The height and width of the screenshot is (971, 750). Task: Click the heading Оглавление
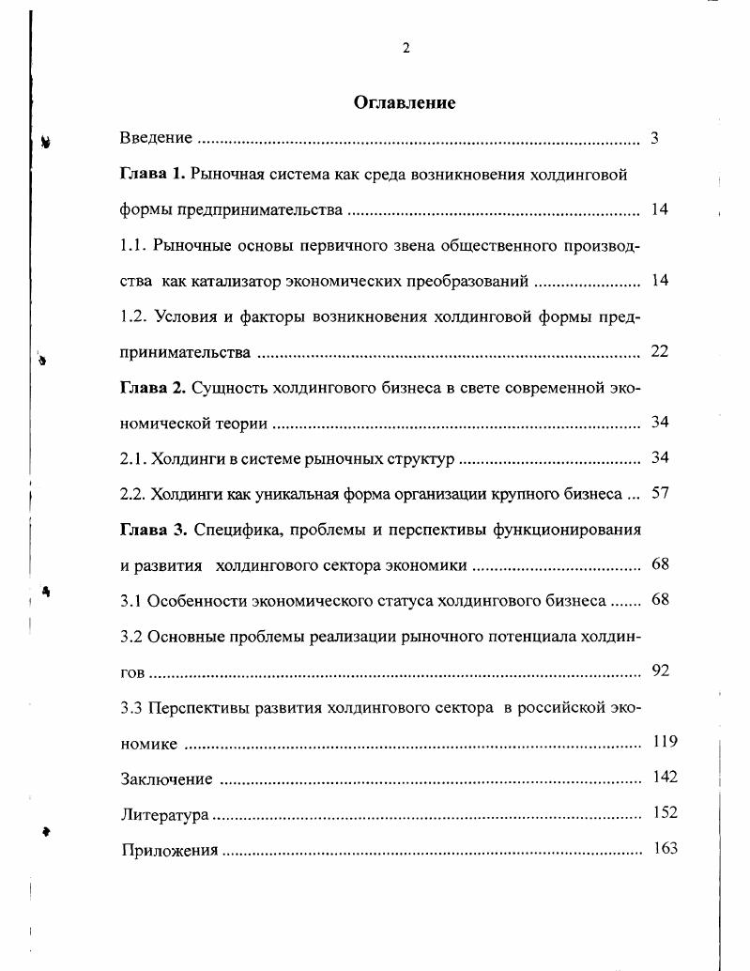point(405,103)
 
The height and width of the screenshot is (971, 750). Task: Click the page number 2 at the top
point(406,49)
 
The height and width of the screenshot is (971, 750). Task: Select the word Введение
point(157,138)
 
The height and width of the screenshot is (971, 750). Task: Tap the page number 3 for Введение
point(654,138)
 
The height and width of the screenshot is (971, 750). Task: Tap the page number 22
point(659,351)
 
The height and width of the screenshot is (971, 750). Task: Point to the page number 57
point(659,493)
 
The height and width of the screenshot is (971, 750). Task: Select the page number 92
point(660,670)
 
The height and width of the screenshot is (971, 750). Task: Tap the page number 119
point(665,742)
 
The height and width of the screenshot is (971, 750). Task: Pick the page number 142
point(665,777)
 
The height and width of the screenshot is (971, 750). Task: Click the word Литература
point(164,815)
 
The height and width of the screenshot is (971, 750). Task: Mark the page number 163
point(665,848)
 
